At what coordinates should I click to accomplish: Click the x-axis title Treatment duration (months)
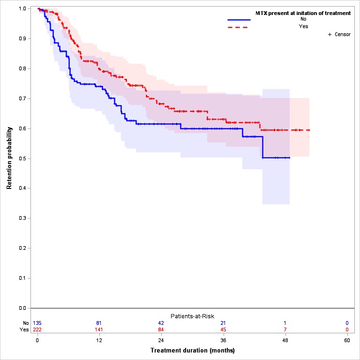[192, 350]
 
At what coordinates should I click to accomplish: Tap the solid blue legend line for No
[239, 20]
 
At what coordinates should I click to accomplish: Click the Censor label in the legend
[342, 35]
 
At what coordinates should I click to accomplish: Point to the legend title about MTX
[303, 13]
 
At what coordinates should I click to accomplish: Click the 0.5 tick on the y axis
[22, 158]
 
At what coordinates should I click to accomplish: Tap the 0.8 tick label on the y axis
[22, 68]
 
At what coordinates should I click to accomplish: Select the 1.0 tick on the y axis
[22, 9]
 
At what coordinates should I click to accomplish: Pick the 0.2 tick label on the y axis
[22, 248]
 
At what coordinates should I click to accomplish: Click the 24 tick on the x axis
[161, 340]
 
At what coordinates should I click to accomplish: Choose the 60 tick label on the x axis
[347, 340]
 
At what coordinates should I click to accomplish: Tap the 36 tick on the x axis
[223, 340]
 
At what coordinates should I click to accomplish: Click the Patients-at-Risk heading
[192, 316]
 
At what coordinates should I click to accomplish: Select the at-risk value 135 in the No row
[37, 323]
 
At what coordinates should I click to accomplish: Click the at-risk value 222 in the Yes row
[37, 330]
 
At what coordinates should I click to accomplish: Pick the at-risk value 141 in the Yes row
[99, 330]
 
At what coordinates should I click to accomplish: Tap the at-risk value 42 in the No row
[161, 323]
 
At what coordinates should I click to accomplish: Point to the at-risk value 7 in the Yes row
[285, 330]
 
